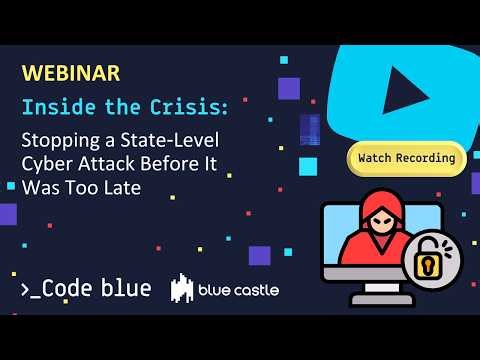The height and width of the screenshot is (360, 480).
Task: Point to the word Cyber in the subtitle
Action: coord(47,164)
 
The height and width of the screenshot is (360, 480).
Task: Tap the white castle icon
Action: coord(182,289)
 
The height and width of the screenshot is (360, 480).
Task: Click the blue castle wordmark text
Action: coord(238,290)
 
